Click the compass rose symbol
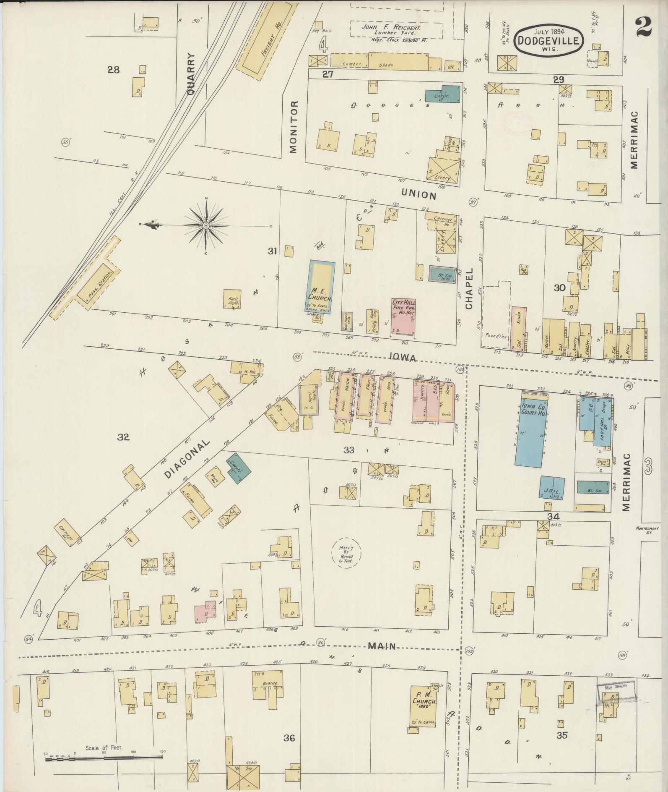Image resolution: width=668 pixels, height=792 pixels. point(206,226)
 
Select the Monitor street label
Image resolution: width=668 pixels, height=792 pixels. point(293,126)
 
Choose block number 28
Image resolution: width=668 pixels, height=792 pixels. point(113,70)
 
